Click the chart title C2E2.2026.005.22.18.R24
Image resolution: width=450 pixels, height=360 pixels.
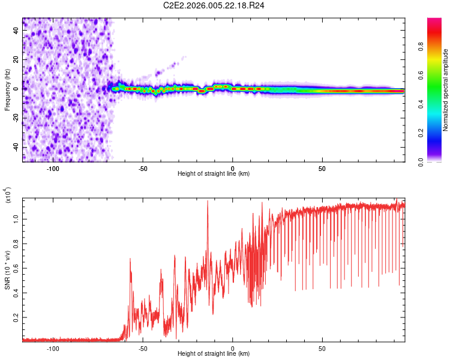[214, 5]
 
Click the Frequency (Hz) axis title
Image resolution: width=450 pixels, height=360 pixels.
[7, 90]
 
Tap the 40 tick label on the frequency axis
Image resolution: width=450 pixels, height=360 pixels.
[16, 30]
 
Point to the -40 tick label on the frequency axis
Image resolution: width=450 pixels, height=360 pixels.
[16, 147]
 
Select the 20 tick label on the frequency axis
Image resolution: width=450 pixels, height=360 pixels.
[16, 59]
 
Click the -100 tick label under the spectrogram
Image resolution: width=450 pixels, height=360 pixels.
[53, 169]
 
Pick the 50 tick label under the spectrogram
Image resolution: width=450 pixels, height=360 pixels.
[322, 169]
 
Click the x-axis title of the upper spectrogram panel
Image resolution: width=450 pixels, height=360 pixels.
[214, 173]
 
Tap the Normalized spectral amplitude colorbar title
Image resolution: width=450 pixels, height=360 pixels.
[445, 90]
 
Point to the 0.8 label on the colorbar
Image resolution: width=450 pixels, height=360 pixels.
[421, 46]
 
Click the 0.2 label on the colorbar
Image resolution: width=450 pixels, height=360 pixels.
[421, 133]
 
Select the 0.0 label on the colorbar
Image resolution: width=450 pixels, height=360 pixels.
[421, 162]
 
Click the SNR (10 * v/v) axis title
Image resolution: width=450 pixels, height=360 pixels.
[7, 270]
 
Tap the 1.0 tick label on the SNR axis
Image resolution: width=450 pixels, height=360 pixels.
[16, 219]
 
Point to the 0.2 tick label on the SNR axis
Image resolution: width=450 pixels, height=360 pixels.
[16, 317]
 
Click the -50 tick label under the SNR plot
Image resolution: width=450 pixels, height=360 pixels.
[143, 349]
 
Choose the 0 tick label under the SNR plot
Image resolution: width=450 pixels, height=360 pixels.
[233, 349]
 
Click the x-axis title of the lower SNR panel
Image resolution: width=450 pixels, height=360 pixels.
[214, 353]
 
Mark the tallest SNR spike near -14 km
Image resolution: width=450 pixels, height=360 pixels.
[208, 201]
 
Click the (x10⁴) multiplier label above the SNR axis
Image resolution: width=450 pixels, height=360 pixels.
[8, 195]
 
